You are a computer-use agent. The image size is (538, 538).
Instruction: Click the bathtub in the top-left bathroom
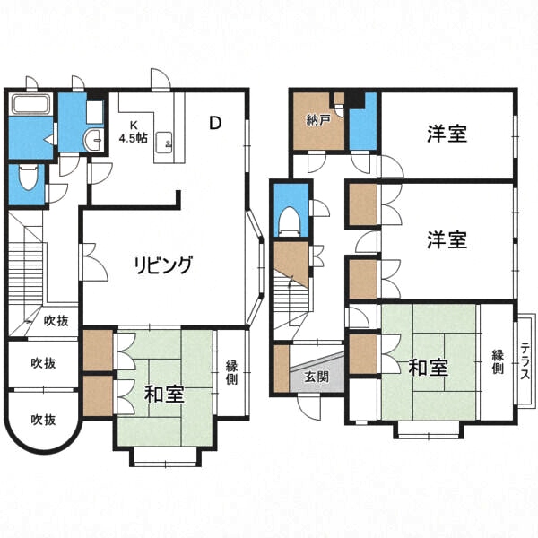point(31,104)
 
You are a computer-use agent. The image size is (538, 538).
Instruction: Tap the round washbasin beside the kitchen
point(92,140)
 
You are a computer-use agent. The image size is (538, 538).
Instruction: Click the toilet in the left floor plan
point(29,177)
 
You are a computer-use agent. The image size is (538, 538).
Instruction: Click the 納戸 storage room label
point(317,120)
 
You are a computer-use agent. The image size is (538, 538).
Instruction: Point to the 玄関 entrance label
point(317,377)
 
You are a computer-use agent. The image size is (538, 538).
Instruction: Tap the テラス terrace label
point(525,361)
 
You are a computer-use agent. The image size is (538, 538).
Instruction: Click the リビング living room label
point(163,265)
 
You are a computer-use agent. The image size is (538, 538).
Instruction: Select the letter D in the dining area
point(215,123)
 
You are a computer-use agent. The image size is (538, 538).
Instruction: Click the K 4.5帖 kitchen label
point(133,132)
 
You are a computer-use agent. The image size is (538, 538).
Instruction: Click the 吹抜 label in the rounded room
point(43,420)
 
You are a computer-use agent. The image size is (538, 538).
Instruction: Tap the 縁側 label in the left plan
point(231,373)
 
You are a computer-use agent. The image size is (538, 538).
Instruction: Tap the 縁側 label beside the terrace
point(498,361)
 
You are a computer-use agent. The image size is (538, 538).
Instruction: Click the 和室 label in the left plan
point(164,395)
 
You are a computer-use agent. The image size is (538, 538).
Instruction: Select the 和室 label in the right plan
point(429,368)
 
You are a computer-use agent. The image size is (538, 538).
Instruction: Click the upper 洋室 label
point(447,134)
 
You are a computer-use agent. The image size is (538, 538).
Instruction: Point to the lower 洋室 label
point(447,239)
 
